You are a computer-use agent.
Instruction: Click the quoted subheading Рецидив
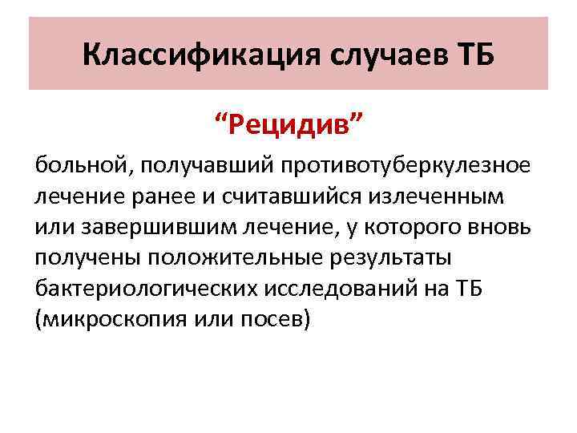(x=288, y=125)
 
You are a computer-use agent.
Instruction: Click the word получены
(x=87, y=257)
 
